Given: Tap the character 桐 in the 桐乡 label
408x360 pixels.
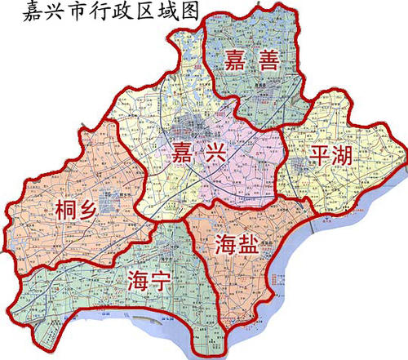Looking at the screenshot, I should point(67,210).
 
